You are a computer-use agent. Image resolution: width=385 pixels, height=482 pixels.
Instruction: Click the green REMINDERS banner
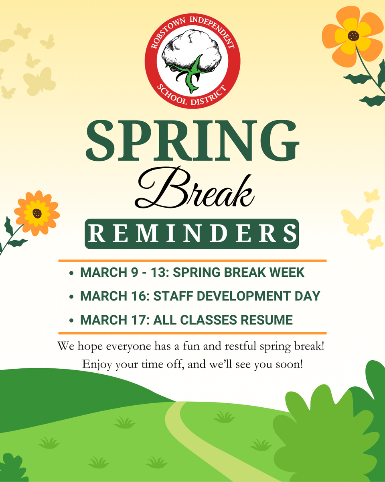coord(192,234)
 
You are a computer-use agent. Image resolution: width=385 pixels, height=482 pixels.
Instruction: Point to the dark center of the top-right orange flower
coord(353,36)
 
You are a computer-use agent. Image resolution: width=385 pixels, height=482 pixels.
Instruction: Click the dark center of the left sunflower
coord(37,213)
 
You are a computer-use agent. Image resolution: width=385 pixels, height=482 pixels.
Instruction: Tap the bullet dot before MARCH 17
coord(71,321)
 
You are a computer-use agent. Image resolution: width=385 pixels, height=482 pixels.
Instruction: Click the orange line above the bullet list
coord(192,261)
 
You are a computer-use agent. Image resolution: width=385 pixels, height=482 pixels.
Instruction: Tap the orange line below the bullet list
coord(192,333)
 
